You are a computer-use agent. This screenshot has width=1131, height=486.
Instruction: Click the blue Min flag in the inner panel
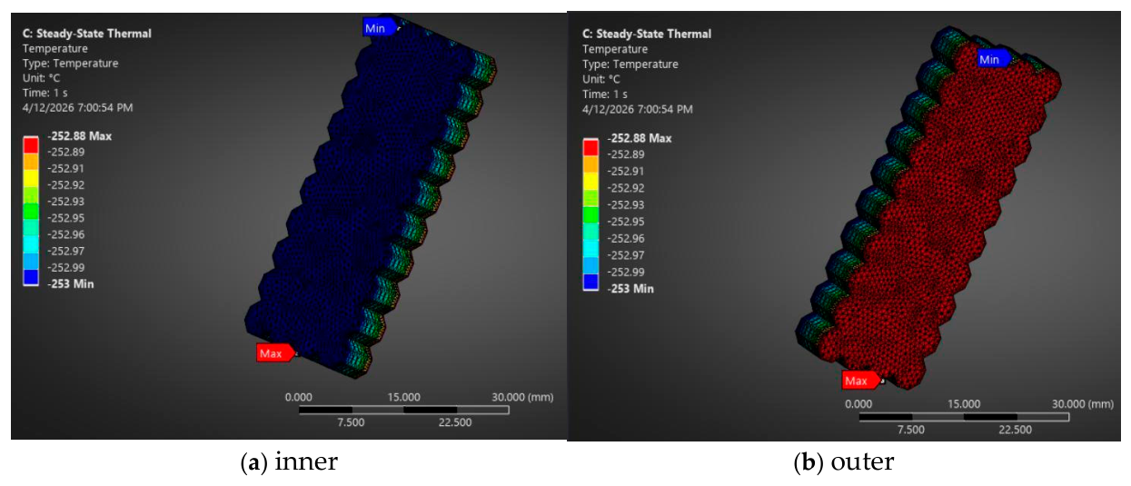tap(380, 28)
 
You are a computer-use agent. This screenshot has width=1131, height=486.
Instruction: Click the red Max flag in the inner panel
tap(274, 352)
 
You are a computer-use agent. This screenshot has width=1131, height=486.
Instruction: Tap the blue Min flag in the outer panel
tap(993, 59)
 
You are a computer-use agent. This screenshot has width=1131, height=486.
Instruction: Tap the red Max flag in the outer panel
tap(860, 380)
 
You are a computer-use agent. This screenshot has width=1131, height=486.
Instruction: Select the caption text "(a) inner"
tap(289, 461)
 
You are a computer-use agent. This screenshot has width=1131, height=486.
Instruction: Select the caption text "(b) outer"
tap(844, 461)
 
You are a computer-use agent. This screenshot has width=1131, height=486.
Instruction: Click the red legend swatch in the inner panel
tap(31, 144)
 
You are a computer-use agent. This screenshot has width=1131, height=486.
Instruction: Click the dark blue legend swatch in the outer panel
tap(590, 281)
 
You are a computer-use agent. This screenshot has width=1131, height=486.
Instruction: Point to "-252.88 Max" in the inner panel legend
tap(80, 135)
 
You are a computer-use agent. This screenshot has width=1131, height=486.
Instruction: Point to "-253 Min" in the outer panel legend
tap(630, 289)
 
